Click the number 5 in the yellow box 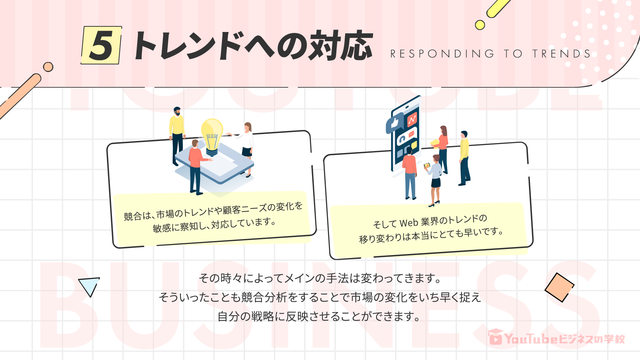[101, 46]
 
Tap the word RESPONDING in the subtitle [442, 54]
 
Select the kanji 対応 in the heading [340, 46]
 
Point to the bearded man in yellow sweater [177, 133]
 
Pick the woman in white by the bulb [247, 147]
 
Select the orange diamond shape [559, 287]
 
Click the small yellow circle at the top [480, 25]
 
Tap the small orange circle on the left [48, 67]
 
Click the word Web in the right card [409, 223]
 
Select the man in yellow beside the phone [464, 157]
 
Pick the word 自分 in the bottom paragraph [229, 316]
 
